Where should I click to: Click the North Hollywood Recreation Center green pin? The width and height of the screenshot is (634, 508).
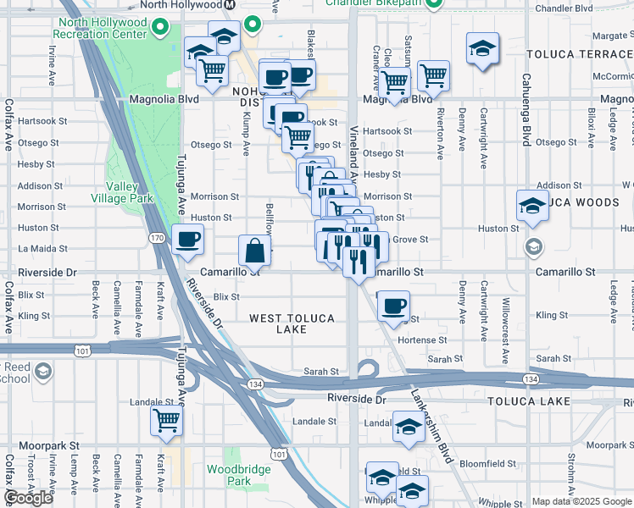160,28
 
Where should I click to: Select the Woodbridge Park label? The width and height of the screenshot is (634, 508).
239,475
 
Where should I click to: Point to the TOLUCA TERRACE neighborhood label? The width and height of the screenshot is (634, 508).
579,53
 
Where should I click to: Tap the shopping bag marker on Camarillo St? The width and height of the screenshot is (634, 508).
255,251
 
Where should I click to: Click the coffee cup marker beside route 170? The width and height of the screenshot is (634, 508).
188,240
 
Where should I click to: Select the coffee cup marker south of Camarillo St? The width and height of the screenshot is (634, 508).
393,307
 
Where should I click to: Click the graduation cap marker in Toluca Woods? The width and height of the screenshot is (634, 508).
532,206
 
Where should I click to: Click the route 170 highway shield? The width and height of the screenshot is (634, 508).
157,239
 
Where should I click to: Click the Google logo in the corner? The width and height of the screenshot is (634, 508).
28,498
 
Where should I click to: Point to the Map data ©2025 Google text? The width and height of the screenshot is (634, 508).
581,501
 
